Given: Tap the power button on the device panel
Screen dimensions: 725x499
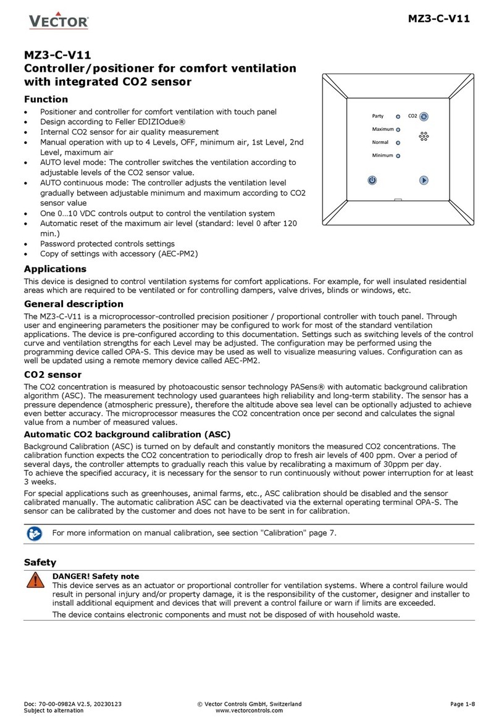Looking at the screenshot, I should [372, 180].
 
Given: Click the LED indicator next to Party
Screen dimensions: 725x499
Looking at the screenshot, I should [398, 116].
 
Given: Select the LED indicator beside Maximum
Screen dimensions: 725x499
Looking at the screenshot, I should [398, 130].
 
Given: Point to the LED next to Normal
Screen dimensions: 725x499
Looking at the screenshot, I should [398, 143].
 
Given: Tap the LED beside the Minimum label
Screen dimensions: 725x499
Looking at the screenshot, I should [398, 156].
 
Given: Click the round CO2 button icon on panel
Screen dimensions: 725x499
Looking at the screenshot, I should [424, 116].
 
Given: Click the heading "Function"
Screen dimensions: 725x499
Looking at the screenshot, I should [46, 99].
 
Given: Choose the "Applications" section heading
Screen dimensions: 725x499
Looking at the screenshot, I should [55, 269].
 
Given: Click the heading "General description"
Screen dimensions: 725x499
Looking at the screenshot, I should [73, 304].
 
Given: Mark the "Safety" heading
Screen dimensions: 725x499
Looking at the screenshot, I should [40, 563].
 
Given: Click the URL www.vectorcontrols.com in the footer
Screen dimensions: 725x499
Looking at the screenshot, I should [249, 710].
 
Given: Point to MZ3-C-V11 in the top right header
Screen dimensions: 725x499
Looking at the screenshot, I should [439, 19].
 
